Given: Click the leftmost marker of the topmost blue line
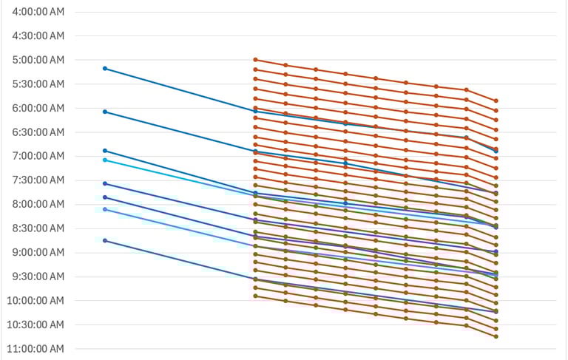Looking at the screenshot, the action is (105, 69).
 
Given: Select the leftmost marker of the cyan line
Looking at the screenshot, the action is (105, 160).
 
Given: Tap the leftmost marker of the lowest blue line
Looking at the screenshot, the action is (105, 241).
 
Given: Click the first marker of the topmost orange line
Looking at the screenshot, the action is (255, 60).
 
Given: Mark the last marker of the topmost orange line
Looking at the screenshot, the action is (496, 101).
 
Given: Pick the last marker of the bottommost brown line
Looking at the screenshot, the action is (496, 336).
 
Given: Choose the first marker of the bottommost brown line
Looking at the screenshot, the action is (255, 296).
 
